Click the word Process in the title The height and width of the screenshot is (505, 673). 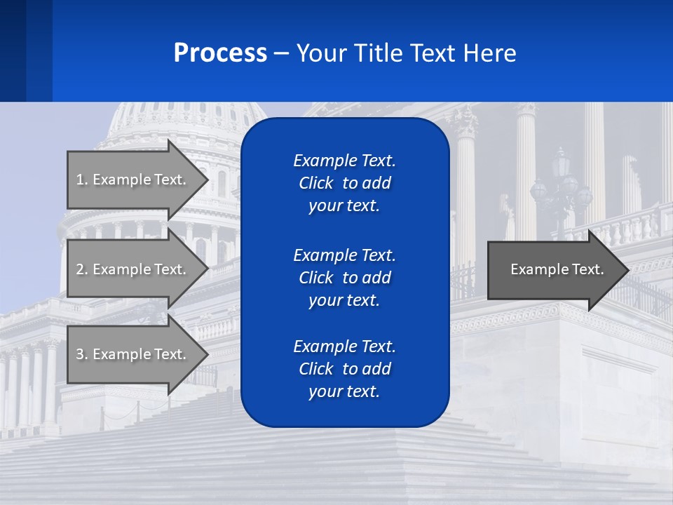point(220,53)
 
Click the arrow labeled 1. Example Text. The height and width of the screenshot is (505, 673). point(133,180)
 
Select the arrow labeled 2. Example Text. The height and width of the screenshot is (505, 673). point(133,269)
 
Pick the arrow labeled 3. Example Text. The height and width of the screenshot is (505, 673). point(133,354)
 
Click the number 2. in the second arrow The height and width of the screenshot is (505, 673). point(81,269)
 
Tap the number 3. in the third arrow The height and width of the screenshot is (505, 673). point(81,354)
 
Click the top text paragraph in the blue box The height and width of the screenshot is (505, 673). point(344,183)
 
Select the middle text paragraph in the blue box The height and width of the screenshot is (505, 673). point(344,278)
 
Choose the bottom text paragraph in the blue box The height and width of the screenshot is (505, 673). point(344,369)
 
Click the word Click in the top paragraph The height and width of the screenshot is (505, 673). point(315,183)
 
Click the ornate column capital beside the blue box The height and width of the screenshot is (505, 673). point(464,125)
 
